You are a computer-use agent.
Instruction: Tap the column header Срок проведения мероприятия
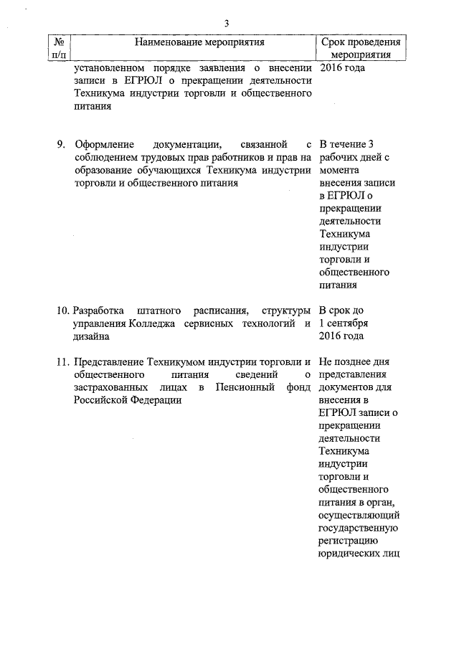click(x=358, y=48)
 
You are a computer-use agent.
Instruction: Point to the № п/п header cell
click(x=59, y=48)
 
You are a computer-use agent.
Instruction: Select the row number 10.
click(x=62, y=311)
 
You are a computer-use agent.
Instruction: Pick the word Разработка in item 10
click(x=99, y=311)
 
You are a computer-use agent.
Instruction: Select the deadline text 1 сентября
click(x=344, y=323)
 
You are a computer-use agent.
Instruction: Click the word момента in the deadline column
click(x=339, y=171)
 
